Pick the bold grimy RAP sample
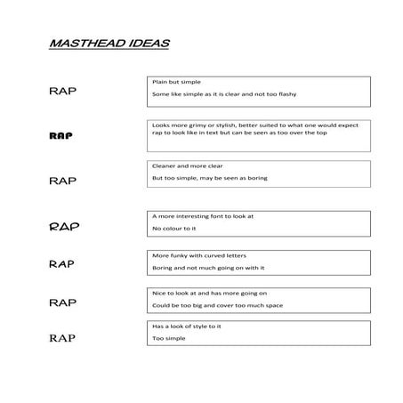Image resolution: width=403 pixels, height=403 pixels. pos(60,136)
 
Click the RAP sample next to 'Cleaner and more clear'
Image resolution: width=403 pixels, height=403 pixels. pos(62,180)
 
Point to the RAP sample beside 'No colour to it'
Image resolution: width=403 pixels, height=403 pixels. pos(64,226)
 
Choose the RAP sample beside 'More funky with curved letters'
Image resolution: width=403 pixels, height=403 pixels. pos(61,264)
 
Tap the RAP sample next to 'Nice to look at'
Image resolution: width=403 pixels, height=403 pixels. pos(62,302)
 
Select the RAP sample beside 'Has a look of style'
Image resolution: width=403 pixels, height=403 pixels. pos(62,337)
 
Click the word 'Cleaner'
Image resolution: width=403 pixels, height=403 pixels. pos(165,165)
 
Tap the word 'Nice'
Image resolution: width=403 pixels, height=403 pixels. pos(159,292)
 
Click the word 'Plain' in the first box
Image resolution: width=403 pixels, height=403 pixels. pos(161,82)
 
